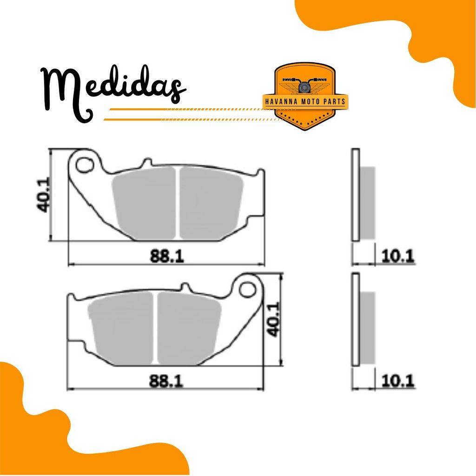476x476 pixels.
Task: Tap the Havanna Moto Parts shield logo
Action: [304, 97]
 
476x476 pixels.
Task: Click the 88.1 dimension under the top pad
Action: [167, 256]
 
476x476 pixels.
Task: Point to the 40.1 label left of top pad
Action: [43, 195]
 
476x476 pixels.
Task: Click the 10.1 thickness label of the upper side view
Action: [398, 257]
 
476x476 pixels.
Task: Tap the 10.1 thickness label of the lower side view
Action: [398, 381]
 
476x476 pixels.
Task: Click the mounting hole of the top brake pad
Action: [85, 165]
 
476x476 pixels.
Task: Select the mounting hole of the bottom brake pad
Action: [248, 290]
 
